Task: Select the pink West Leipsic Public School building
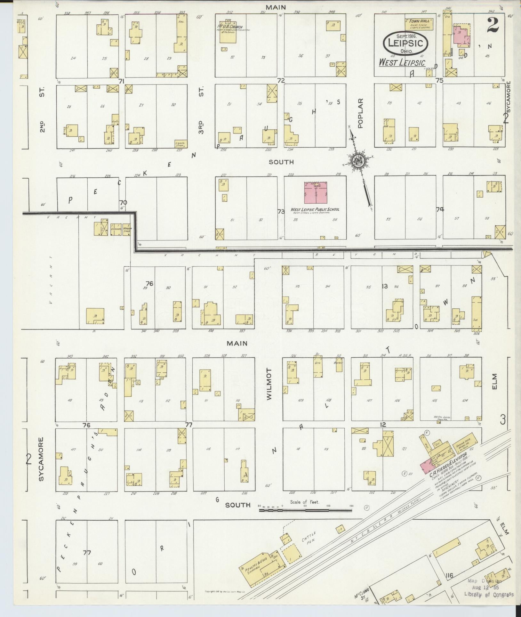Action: [x=316, y=193]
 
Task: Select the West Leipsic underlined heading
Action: [x=402, y=63]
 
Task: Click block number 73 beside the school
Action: [x=281, y=211]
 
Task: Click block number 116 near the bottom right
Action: [x=449, y=575]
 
